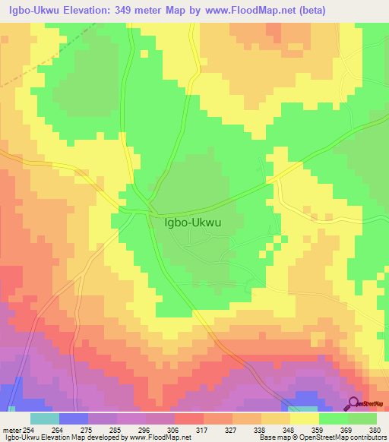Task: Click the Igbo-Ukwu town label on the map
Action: coord(193,223)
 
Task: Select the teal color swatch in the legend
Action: coord(44,418)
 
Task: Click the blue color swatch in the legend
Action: coord(74,418)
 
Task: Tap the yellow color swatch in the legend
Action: coord(304,418)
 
